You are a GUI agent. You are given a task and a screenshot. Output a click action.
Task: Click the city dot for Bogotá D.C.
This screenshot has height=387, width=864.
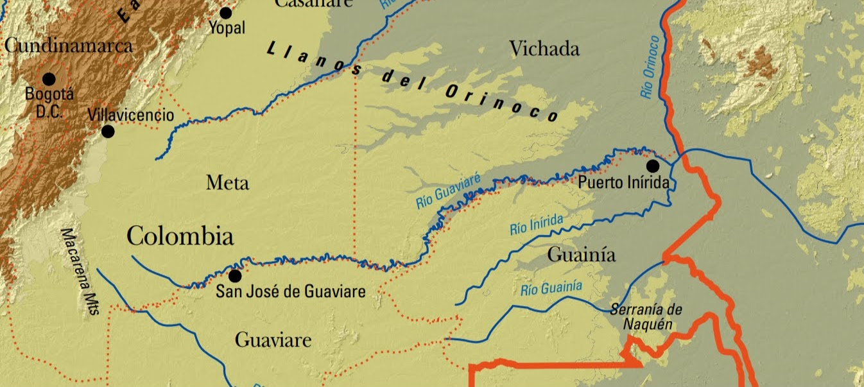pos(49,79)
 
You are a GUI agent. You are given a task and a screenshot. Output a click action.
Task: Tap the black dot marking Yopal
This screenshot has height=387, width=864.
pos(225,13)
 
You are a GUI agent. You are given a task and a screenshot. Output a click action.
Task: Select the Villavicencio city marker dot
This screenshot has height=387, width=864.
pos(108,132)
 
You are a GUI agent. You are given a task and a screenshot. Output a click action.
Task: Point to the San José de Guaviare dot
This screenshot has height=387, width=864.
pos(235,276)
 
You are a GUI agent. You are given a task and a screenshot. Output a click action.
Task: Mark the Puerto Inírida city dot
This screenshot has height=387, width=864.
pos(653,165)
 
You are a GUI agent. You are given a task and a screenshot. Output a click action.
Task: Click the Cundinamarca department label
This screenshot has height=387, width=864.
pos(68,46)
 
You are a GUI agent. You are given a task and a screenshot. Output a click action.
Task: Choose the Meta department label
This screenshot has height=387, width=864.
pos(227,183)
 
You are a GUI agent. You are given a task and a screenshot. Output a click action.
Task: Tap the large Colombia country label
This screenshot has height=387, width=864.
pos(180,236)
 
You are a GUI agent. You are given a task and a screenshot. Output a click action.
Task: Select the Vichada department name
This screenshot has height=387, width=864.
pos(544,49)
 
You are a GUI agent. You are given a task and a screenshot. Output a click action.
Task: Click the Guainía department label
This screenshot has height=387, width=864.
pos(581,255)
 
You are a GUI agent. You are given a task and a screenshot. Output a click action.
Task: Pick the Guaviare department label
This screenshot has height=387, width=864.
pos(273,340)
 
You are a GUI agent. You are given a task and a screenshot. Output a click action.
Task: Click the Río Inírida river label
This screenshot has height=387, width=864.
pos(536,225)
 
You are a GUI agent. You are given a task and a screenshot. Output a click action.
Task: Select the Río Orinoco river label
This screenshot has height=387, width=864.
pos(650,67)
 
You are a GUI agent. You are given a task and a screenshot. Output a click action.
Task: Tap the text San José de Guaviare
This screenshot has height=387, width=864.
pos(290,293)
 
